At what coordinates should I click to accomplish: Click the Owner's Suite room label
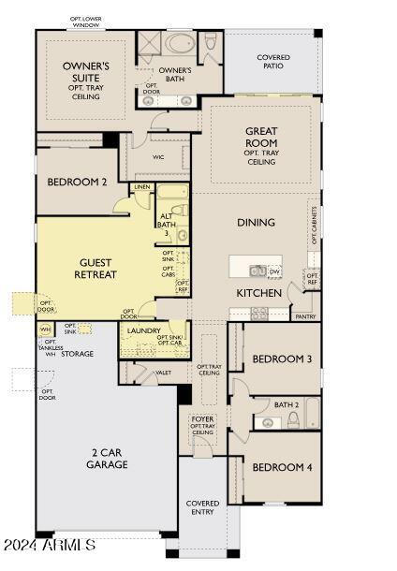click(86, 77)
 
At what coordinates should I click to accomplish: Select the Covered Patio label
click(273, 63)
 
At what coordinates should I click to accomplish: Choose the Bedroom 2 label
click(78, 182)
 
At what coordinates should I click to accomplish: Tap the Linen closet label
click(141, 187)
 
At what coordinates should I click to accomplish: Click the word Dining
click(256, 223)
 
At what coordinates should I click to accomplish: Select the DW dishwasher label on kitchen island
click(274, 271)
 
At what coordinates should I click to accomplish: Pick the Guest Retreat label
click(96, 269)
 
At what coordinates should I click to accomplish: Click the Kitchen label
click(258, 293)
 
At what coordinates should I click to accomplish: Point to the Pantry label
click(305, 316)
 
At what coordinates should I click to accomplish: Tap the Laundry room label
click(143, 330)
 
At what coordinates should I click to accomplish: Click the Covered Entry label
click(202, 507)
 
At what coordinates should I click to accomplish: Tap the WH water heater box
click(44, 329)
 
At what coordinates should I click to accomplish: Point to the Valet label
click(163, 373)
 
